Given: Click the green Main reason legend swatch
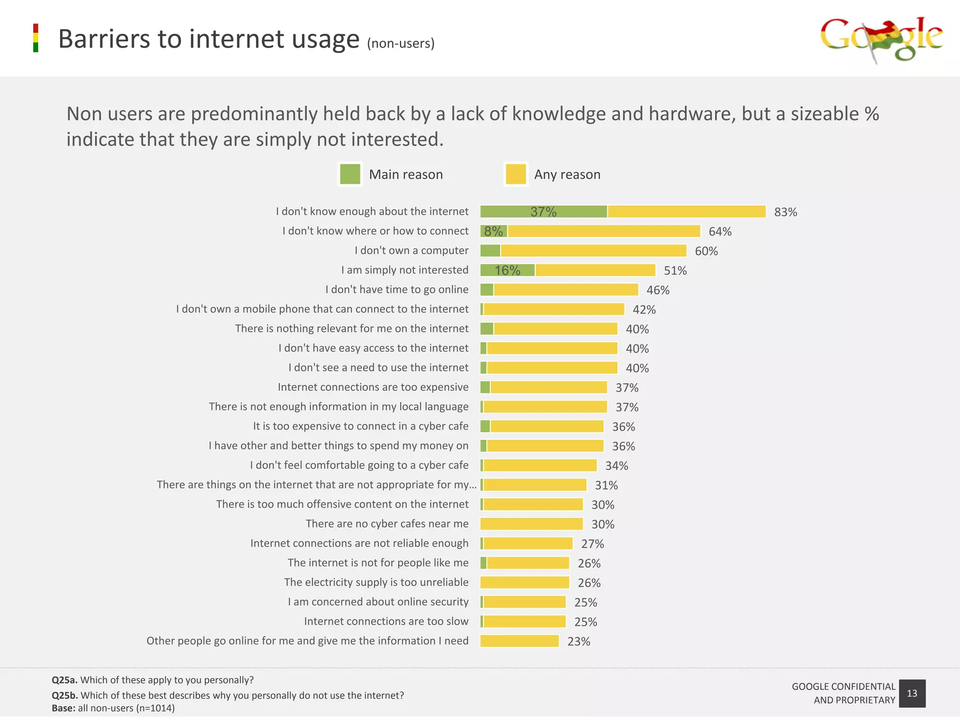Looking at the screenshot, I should [350, 174].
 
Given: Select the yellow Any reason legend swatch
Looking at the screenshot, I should [516, 174].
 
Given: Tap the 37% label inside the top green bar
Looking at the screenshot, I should [543, 212].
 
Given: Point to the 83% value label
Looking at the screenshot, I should [786, 212].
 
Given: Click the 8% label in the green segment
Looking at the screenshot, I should [493, 232].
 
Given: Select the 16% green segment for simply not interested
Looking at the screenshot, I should [508, 270].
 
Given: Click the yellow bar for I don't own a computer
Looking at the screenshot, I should [593, 251].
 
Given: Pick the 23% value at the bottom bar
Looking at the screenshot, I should [578, 642].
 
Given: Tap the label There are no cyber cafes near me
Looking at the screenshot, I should [387, 524].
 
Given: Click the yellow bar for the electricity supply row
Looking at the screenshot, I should [525, 583].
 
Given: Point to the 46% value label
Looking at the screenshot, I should [658, 290].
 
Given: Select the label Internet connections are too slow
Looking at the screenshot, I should [386, 622].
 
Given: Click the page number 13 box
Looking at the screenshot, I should [912, 693].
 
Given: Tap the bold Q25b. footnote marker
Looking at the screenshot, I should [65, 696].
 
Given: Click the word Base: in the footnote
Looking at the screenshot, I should [63, 708].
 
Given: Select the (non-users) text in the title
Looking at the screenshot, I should [401, 44].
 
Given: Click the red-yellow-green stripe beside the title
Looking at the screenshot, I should [36, 38].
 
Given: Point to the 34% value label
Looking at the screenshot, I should [616, 466].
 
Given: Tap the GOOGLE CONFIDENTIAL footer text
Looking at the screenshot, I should [843, 687].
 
